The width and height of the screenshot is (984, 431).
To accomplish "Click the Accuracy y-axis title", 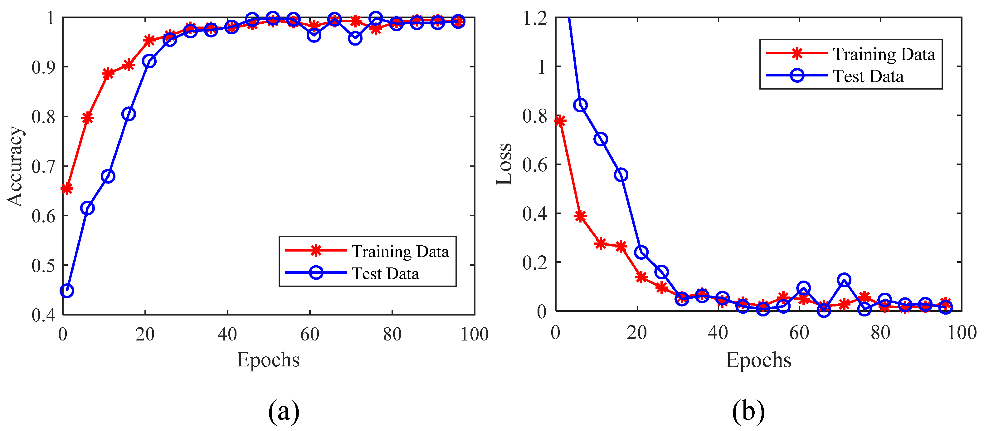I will click(x=15, y=166).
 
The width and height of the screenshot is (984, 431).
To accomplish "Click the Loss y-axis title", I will click(x=504, y=164).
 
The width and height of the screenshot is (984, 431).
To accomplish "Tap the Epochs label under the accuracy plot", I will click(x=268, y=360).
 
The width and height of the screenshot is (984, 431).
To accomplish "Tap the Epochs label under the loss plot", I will click(x=758, y=360).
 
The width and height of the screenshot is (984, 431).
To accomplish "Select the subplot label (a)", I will click(x=283, y=411).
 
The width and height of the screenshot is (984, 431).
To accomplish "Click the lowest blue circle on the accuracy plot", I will click(x=67, y=291).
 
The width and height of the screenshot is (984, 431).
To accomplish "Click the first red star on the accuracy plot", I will click(x=67, y=189).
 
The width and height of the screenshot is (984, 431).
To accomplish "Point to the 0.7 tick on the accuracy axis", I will click(x=43, y=167).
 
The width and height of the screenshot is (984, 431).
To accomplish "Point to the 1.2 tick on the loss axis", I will click(x=535, y=18).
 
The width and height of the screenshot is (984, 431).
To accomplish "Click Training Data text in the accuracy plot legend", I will click(x=400, y=252).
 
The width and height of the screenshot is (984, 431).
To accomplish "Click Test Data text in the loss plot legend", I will click(x=868, y=76).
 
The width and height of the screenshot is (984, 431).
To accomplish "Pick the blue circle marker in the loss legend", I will click(x=797, y=75).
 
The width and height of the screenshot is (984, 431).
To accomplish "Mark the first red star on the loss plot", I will click(x=560, y=121).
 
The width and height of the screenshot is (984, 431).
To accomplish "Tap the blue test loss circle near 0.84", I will click(x=580, y=105).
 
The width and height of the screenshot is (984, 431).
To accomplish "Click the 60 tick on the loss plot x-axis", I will click(x=799, y=333).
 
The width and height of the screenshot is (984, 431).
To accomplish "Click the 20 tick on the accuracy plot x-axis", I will click(x=145, y=335).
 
